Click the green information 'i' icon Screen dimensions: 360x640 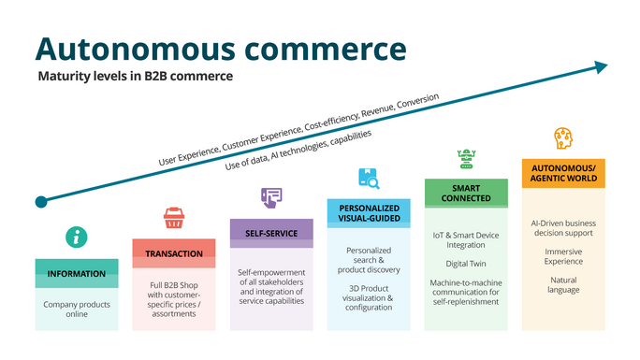77,238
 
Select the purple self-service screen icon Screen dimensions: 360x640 271,196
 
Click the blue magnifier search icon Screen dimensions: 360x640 368,178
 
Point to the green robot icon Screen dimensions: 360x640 465,158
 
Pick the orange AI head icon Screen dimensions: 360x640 563,138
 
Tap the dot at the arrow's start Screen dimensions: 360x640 40,202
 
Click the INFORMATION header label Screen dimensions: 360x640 77,273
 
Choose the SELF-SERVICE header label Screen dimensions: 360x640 271,233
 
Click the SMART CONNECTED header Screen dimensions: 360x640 466,194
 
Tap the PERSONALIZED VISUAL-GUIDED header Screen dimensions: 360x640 369,212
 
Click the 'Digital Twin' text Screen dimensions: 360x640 466,264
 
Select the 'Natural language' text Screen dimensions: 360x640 563,283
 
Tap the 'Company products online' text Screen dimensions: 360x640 77,310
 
